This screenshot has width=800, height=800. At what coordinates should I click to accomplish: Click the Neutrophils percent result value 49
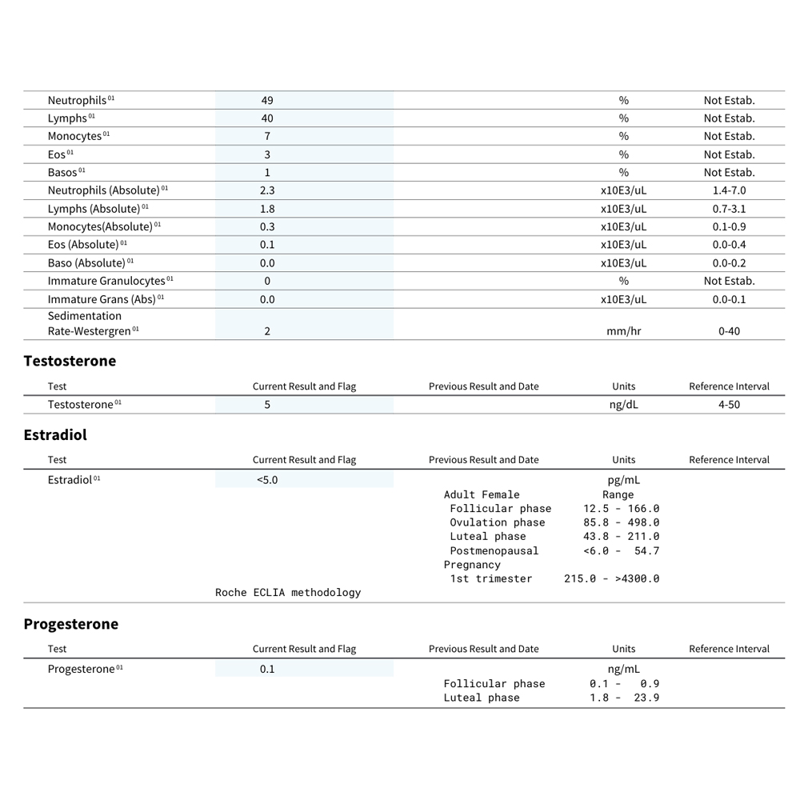pyautogui.click(x=267, y=100)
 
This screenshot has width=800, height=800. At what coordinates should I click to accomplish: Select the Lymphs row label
pyautogui.click(x=67, y=118)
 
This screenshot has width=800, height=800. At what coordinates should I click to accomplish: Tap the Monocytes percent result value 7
pyautogui.click(x=267, y=136)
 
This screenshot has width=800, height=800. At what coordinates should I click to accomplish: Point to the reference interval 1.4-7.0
pyautogui.click(x=729, y=190)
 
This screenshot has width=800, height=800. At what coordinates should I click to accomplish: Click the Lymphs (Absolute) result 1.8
pyautogui.click(x=267, y=209)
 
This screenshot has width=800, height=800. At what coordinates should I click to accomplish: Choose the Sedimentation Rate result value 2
pyautogui.click(x=267, y=331)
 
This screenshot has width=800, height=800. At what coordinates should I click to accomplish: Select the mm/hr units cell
pyautogui.click(x=623, y=331)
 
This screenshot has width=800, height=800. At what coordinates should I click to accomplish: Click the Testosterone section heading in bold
pyautogui.click(x=70, y=361)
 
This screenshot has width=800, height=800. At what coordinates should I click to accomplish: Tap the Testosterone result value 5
pyautogui.click(x=267, y=405)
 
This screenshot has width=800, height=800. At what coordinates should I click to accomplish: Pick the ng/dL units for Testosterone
pyautogui.click(x=623, y=405)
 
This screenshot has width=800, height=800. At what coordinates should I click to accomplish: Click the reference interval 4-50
pyautogui.click(x=729, y=405)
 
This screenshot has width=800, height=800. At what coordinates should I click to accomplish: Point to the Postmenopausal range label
pyautogui.click(x=494, y=550)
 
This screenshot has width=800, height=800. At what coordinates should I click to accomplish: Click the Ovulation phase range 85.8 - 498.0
pyautogui.click(x=621, y=522)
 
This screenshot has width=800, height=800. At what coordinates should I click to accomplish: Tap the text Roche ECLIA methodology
pyautogui.click(x=288, y=593)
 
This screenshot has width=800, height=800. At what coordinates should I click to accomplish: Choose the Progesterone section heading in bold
pyautogui.click(x=70, y=624)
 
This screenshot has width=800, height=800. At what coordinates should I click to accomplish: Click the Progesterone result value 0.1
pyautogui.click(x=267, y=669)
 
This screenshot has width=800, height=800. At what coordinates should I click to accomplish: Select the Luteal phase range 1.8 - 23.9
pyautogui.click(x=624, y=698)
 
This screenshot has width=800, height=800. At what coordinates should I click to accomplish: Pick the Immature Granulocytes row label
pyautogui.click(x=106, y=281)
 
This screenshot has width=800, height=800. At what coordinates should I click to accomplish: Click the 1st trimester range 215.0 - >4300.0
pyautogui.click(x=611, y=578)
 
